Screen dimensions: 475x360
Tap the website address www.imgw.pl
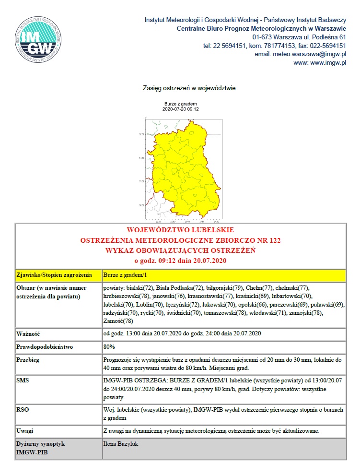click(x=324, y=63)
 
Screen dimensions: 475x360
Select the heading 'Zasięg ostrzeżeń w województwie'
click(x=189, y=88)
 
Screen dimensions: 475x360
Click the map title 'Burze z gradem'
click(x=180, y=104)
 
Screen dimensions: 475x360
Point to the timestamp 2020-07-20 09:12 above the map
click(x=180, y=109)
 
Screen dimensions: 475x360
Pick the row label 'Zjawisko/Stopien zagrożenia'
click(x=54, y=275)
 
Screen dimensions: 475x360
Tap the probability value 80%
click(x=109, y=346)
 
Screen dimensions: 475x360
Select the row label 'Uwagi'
click(x=25, y=430)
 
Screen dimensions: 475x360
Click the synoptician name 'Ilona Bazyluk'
click(x=120, y=444)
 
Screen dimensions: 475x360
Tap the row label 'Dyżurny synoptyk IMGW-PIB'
click(x=40, y=448)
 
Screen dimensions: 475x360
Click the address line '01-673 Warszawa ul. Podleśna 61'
click(x=299, y=37)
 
